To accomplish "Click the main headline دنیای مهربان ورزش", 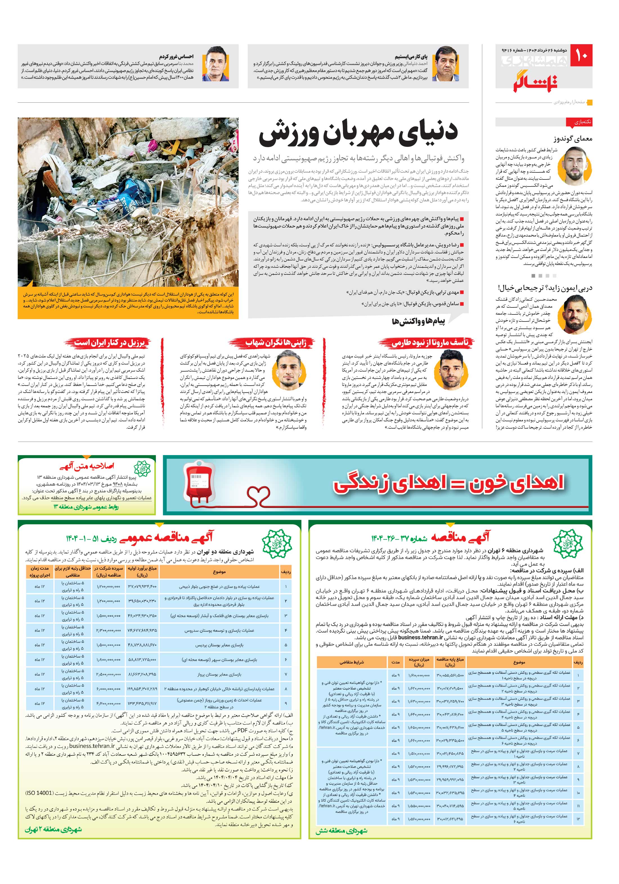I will (x=358, y=133).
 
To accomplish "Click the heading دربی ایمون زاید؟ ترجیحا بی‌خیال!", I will (x=545, y=288).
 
